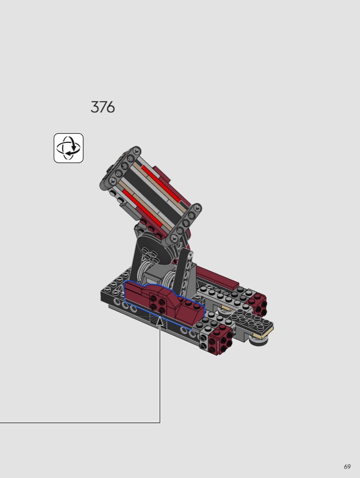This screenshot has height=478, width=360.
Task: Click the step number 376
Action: (103, 107)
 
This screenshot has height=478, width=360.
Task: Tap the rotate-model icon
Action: (69, 148)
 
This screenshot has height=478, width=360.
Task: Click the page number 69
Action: (347, 467)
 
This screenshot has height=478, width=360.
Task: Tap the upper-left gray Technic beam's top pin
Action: (137, 150)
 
